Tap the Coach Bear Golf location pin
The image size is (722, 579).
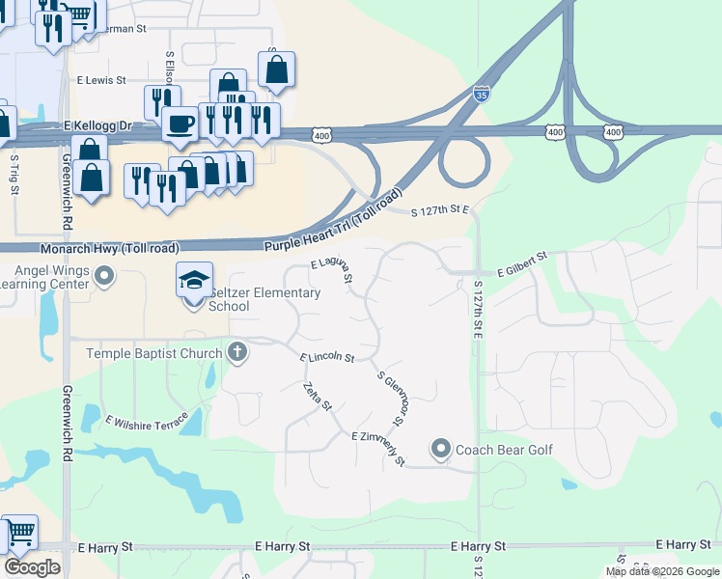pyautogui.click(x=441, y=449)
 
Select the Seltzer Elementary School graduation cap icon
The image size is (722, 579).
pyautogui.click(x=194, y=280)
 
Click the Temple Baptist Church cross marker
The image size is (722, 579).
pyautogui.click(x=237, y=352)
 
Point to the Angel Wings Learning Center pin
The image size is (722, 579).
pyautogui.click(x=105, y=279)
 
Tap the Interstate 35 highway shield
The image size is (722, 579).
pyautogui.click(x=482, y=94)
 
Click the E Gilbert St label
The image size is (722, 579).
pyautogui.click(x=522, y=264)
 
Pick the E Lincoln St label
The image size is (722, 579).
pyautogui.click(x=327, y=358)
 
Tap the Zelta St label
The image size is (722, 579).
pyautogui.click(x=318, y=397)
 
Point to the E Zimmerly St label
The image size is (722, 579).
pyautogui.click(x=378, y=449)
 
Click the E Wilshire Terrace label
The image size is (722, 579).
pyautogui.click(x=147, y=422)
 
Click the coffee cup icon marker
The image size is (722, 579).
pyautogui.click(x=180, y=123)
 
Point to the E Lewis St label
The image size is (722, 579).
pyautogui.click(x=101, y=80)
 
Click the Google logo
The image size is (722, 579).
pyautogui.click(x=32, y=566)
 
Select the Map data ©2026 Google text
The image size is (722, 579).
pyautogui.click(x=662, y=571)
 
